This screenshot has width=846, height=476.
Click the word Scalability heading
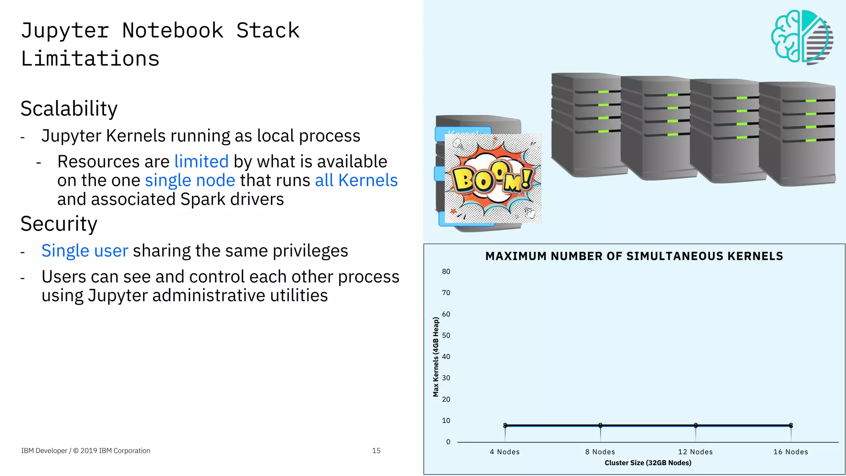click(69, 109)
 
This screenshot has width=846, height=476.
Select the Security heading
click(59, 224)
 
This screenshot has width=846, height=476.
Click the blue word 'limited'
click(201, 161)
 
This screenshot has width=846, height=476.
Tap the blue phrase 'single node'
click(190, 180)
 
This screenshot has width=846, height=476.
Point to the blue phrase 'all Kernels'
click(356, 180)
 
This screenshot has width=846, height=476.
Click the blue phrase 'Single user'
click(85, 251)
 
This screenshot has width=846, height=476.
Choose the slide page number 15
click(376, 451)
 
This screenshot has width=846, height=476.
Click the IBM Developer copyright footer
click(86, 451)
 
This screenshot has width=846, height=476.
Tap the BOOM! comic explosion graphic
click(492, 178)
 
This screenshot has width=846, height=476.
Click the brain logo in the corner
click(801, 37)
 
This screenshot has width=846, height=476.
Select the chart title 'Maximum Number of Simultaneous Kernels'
click(634, 256)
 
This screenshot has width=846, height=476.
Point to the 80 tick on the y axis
click(446, 272)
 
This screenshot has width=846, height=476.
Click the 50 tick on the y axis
click(446, 335)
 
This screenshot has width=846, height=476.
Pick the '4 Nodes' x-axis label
click(505, 452)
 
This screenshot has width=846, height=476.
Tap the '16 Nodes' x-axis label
click(791, 452)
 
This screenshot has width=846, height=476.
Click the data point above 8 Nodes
click(600, 425)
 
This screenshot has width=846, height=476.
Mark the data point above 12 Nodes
click(696, 425)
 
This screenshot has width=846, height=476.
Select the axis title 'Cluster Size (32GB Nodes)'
click(648, 463)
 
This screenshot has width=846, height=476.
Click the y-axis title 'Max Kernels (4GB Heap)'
click(436, 357)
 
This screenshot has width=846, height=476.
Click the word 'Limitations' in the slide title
click(90, 59)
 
